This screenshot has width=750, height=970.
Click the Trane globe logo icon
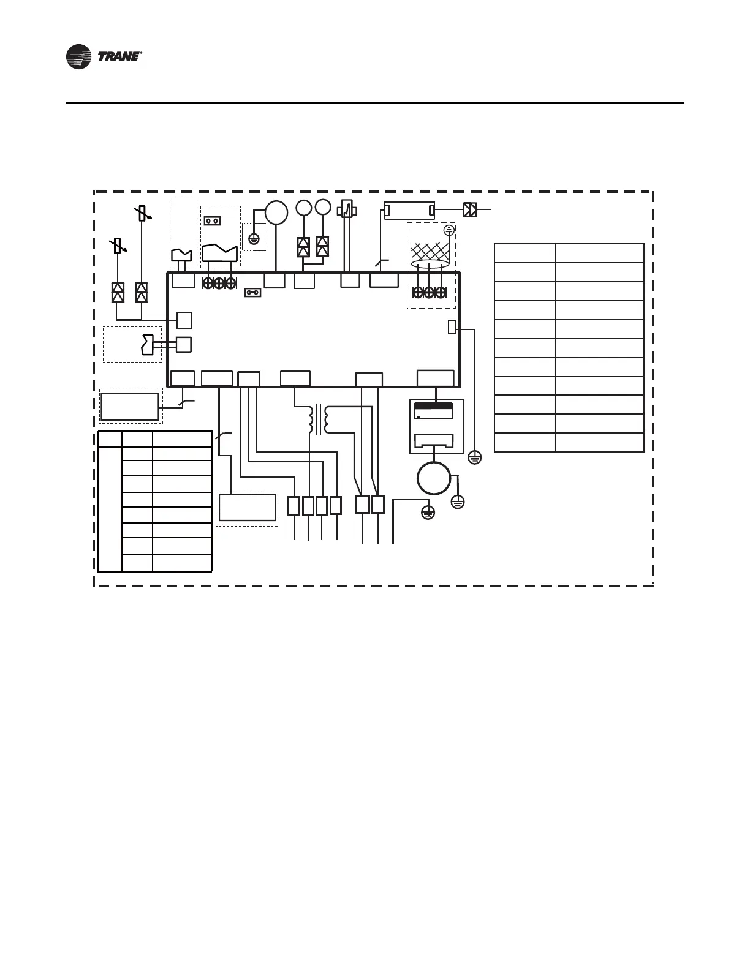point(78,57)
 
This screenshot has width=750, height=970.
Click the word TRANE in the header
point(119,57)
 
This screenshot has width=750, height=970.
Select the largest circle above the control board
point(276,212)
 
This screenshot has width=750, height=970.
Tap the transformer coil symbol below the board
point(319,418)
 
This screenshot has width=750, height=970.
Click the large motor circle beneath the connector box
point(434,478)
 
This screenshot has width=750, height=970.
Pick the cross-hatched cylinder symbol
point(430,255)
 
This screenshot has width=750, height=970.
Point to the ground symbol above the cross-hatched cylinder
point(449,230)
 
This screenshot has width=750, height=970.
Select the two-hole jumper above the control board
point(212,220)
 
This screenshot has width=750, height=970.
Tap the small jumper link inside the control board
point(252,293)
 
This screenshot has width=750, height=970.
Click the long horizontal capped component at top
point(409,210)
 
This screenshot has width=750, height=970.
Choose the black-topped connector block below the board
point(433,410)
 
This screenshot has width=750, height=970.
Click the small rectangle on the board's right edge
point(452,328)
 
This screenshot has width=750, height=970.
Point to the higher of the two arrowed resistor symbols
point(142,214)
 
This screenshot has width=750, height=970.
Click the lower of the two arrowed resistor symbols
point(118,246)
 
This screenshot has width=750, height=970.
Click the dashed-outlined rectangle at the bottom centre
point(248,508)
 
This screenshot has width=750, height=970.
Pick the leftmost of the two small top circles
point(303,208)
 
